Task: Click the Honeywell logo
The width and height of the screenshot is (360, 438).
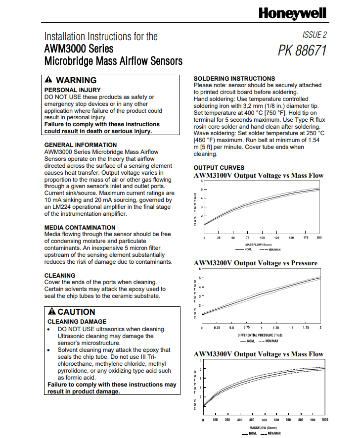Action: [292, 13]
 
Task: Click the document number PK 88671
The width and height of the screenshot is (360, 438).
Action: [302, 51]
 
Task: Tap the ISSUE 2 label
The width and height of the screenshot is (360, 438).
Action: [314, 35]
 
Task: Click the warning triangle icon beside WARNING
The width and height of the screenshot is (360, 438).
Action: [48, 80]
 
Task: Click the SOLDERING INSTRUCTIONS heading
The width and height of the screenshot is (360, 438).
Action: [234, 78]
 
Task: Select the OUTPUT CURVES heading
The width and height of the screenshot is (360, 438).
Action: [219, 168]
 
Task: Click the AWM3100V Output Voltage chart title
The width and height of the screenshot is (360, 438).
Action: [259, 176]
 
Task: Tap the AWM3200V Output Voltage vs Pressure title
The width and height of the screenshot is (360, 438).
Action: [255, 263]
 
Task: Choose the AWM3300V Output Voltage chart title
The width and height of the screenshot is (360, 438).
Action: [259, 354]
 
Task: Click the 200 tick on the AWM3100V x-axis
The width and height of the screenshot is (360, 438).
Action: [319, 238]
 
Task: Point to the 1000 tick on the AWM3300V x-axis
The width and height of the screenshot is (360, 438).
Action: [324, 420]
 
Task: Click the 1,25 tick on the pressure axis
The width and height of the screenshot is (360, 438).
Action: [276, 328]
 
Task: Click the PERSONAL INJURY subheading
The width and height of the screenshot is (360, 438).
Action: [72, 90]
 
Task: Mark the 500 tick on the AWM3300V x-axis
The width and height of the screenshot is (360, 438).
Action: [264, 420]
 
